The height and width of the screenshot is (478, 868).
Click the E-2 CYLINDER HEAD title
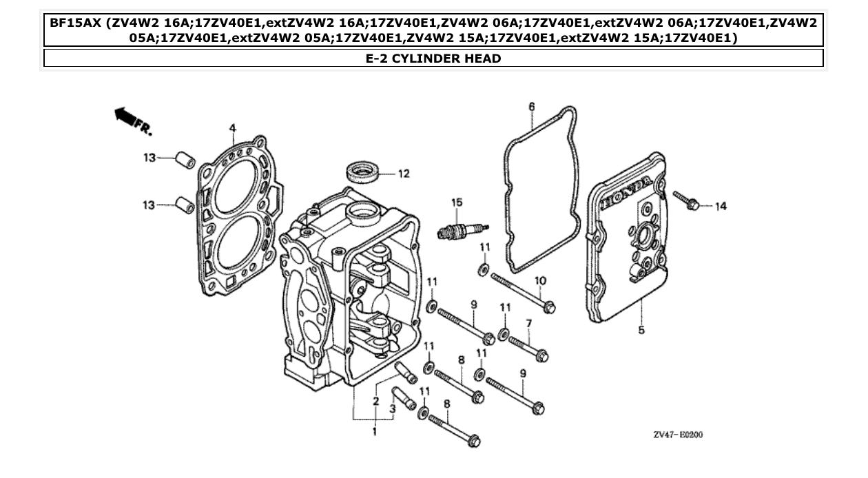(433, 59)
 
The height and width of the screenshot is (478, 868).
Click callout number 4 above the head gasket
(232, 127)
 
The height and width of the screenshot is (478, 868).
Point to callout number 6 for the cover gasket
(531, 106)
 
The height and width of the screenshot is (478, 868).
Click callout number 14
(720, 206)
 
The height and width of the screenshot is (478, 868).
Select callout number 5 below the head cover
(641, 330)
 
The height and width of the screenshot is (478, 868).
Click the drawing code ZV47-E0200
(678, 435)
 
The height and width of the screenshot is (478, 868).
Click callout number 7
(528, 323)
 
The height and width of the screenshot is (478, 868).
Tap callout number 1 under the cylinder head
(375, 432)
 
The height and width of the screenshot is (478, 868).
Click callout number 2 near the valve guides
(376, 400)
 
